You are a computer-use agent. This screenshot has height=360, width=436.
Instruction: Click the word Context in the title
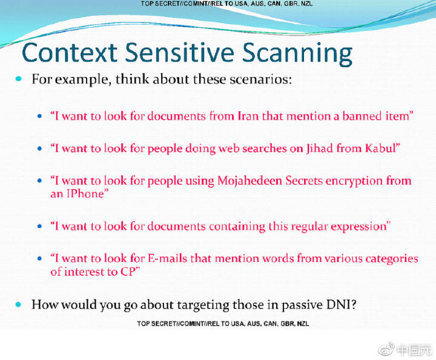click(70, 52)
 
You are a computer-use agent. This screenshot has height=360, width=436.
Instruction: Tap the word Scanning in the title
click(297, 54)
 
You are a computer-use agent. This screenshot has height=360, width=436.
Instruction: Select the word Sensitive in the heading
click(180, 52)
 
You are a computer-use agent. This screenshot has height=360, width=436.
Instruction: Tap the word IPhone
click(85, 194)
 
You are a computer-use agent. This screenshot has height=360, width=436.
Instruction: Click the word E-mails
click(167, 258)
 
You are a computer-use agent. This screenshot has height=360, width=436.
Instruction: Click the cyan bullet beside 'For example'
click(19, 79)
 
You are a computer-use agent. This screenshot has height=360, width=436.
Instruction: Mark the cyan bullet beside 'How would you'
click(19, 304)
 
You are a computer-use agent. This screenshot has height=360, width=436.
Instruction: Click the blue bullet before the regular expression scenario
click(40, 226)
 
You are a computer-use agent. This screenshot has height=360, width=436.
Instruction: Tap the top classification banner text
click(226, 4)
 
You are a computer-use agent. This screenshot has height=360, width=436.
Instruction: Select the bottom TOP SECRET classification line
click(223, 324)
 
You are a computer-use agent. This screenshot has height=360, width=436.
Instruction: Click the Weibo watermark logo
click(386, 349)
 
